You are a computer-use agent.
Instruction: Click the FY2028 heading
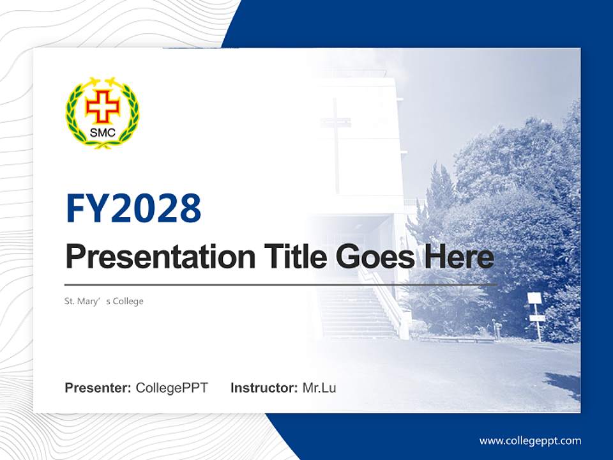pos(133,208)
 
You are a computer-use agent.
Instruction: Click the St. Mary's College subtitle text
pos(104,301)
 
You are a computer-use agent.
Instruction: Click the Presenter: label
pos(98,388)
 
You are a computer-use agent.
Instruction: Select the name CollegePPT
pos(172,388)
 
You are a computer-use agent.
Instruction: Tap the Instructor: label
pos(264,388)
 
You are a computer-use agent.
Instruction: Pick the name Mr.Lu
pos(319,388)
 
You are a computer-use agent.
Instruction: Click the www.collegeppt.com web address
pos(530,441)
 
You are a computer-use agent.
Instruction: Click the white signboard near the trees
pos(534,298)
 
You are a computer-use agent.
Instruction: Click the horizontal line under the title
pos(281,284)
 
